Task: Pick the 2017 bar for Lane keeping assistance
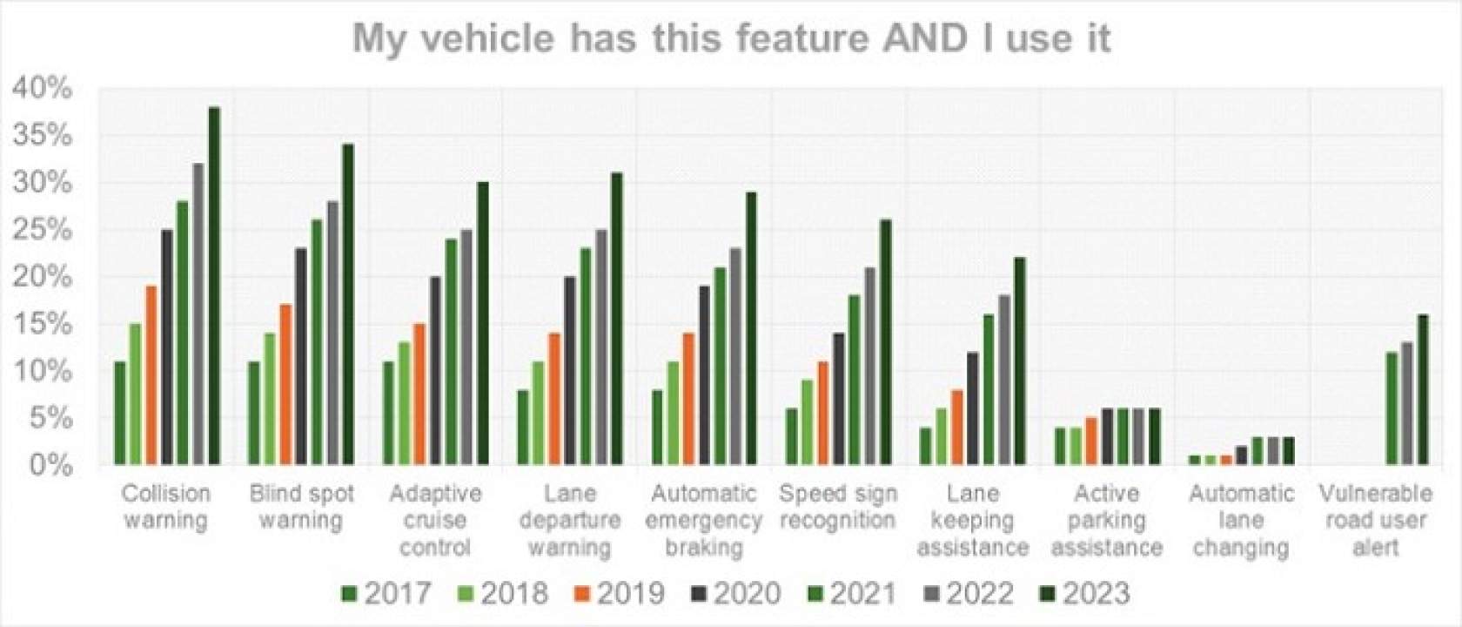925,446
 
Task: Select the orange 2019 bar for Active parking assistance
1091,441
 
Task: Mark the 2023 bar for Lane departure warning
617,319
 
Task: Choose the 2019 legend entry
619,593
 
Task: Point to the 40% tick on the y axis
42,88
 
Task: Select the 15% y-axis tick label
42,324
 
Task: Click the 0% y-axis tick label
48,465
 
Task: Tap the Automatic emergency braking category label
704,520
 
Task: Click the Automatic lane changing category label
1241,520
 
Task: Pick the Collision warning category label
166,507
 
